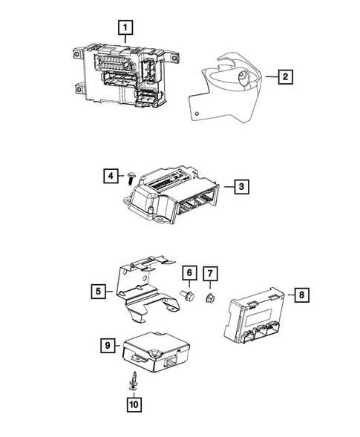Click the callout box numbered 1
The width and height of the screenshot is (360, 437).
(x=127, y=29)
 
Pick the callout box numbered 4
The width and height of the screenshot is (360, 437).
(x=109, y=176)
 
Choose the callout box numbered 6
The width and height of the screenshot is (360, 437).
(x=189, y=273)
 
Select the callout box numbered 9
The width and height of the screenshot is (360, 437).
(x=108, y=345)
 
